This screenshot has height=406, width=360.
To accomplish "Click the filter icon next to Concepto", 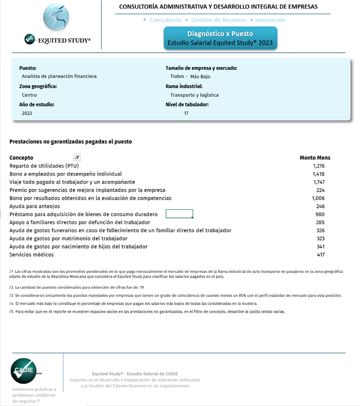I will [x=77, y=158].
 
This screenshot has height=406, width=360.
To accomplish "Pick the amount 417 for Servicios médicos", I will [x=320, y=255].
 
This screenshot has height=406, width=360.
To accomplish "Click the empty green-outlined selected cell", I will [x=179, y=214].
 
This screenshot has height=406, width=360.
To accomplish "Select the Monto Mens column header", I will [x=315, y=158].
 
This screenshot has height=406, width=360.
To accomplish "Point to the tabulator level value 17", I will [x=186, y=113].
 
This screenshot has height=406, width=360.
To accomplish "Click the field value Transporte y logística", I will [x=194, y=95].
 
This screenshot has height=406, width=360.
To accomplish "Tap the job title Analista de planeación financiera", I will [x=59, y=76].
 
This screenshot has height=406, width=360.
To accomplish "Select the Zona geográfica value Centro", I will [x=29, y=95].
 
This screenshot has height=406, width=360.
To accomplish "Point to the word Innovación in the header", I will [x=270, y=20].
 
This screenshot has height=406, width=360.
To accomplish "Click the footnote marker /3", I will [x=11, y=295].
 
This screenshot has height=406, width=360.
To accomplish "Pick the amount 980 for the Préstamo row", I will [x=320, y=214].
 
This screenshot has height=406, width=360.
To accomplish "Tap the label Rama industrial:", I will [x=184, y=86].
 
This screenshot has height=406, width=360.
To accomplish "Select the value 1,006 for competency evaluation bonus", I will [x=318, y=198].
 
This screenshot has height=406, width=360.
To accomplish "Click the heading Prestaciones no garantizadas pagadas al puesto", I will [x=70, y=141].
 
